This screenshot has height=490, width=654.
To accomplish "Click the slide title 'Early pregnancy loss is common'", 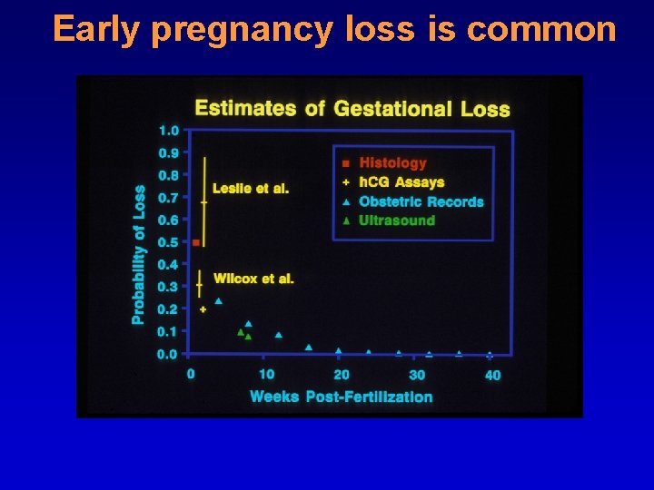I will pyautogui.click(x=334, y=30).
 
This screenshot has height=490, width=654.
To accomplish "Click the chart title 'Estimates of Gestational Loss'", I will pyautogui.click(x=352, y=109).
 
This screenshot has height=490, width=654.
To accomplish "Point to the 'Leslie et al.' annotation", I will pyautogui.click(x=250, y=189).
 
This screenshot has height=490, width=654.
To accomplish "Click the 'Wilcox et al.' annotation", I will pyautogui.click(x=253, y=279).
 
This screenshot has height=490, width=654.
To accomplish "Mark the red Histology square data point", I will pyautogui.click(x=196, y=242).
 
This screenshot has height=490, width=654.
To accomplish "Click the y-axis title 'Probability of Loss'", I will pyautogui.click(x=139, y=255).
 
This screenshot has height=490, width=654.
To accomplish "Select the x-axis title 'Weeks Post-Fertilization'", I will pyautogui.click(x=341, y=397).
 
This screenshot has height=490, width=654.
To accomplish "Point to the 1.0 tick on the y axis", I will pyautogui.click(x=169, y=131).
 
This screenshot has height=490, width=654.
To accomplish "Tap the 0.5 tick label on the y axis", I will pyautogui.click(x=169, y=242).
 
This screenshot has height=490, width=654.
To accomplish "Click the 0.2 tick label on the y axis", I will pyautogui.click(x=169, y=309).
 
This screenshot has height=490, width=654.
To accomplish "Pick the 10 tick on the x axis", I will pyautogui.click(x=266, y=375).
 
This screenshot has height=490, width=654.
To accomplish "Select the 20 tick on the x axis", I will pyautogui.click(x=342, y=375).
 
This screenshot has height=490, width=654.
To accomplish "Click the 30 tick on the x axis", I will pyautogui.click(x=417, y=375).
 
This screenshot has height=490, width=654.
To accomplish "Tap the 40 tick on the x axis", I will pyautogui.click(x=492, y=375).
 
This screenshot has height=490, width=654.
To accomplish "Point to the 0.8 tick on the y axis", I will pyautogui.click(x=169, y=175).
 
